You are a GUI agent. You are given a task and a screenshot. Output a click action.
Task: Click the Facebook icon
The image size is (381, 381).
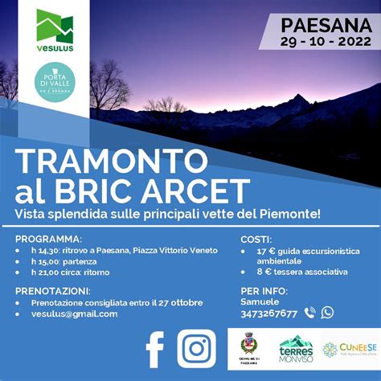pyautogui.click(x=155, y=348)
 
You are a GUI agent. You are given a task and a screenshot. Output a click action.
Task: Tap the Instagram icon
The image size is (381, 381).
pyautogui.click(x=196, y=348)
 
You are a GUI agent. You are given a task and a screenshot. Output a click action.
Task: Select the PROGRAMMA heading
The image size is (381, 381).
pyautogui.click(x=48, y=239)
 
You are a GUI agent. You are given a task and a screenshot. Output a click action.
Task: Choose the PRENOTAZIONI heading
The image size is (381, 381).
pyautogui.click(x=53, y=290)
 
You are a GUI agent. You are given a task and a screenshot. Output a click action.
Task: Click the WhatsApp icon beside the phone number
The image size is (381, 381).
pyautogui.click(x=327, y=313)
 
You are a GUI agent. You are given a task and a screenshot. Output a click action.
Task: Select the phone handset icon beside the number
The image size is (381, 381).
pyautogui.click(x=310, y=313)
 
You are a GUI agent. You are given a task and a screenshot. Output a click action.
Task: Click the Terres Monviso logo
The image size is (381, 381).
pyautogui.click(x=295, y=348)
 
